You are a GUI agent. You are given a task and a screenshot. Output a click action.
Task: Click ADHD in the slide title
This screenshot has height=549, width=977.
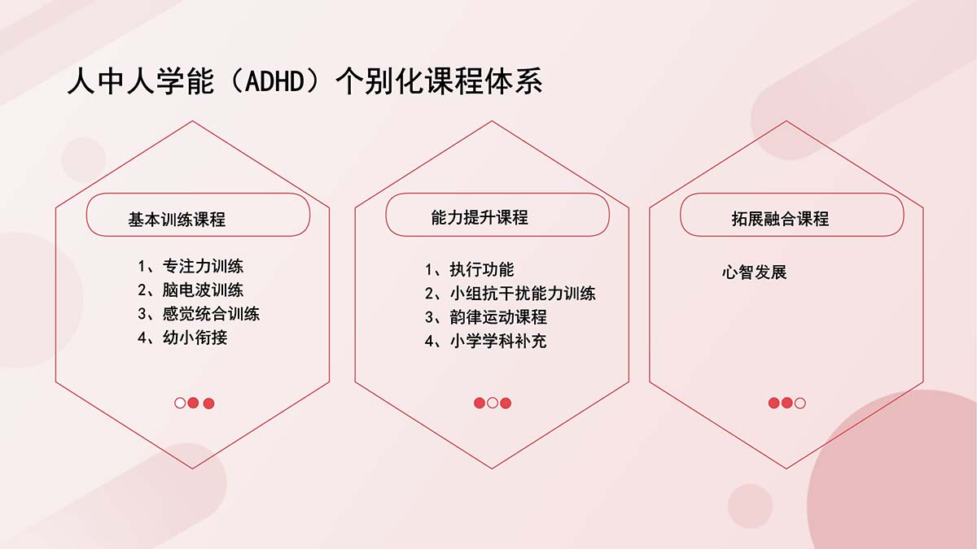(274, 81)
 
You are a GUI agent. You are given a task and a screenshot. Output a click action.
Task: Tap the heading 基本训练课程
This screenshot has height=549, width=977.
(177, 219)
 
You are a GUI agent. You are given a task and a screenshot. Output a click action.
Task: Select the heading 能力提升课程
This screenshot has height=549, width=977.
(480, 217)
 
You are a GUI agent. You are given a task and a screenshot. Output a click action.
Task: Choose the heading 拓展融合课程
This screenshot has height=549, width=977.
(780, 219)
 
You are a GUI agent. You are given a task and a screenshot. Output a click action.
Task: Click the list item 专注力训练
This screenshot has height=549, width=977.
(203, 266)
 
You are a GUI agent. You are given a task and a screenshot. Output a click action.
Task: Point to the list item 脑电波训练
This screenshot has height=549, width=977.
(203, 290)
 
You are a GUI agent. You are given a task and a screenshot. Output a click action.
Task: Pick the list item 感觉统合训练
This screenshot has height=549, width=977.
(211, 314)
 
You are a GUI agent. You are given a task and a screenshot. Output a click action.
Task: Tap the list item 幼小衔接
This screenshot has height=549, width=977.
(195, 338)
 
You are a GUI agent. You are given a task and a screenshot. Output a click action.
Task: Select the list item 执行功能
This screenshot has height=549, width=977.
(482, 269)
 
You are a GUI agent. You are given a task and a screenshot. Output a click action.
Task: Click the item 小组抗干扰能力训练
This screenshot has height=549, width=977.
(523, 294)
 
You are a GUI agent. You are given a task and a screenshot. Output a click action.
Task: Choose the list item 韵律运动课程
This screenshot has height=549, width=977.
(498, 316)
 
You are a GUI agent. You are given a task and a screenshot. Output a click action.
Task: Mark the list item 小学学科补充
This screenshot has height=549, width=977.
(498, 341)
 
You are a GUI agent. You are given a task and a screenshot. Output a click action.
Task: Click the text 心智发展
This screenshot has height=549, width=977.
(754, 272)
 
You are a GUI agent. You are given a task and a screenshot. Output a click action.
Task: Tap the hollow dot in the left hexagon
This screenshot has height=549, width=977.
(180, 403)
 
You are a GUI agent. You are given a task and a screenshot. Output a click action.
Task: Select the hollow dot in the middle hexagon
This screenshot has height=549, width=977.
(493, 403)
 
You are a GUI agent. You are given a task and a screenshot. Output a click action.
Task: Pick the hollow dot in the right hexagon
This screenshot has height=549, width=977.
(800, 403)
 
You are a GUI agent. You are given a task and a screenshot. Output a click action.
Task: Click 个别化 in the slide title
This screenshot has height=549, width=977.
(379, 81)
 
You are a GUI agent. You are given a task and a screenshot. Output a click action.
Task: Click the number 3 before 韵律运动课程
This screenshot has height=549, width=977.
(429, 317)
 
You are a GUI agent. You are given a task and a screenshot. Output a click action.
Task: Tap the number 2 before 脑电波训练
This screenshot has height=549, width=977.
(142, 290)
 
